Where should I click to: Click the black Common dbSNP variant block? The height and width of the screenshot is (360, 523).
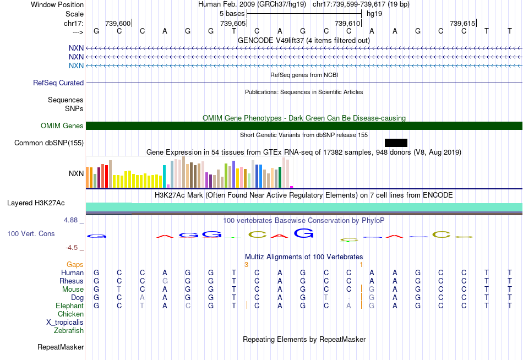click(x=396, y=143)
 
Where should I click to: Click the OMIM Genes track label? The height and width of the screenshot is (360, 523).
click(x=62, y=126)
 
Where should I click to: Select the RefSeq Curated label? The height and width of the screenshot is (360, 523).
click(x=58, y=83)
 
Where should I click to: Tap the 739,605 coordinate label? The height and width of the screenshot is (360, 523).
click(x=232, y=23)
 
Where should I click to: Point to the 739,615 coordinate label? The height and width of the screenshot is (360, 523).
click(x=462, y=23)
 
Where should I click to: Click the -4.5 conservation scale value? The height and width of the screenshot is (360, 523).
click(x=73, y=248)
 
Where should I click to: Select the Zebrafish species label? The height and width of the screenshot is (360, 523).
click(x=69, y=331)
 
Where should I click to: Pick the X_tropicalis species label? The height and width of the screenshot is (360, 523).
click(x=65, y=323)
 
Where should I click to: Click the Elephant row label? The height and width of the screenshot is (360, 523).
click(x=69, y=306)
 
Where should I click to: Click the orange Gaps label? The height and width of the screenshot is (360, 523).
click(x=75, y=265)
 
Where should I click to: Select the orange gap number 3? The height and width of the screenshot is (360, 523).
click(x=246, y=265)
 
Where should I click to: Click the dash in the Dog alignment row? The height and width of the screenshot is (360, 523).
click(x=349, y=298)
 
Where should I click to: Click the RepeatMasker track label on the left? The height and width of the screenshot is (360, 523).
click(x=61, y=347)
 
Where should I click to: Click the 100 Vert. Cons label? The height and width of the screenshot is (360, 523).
click(x=31, y=234)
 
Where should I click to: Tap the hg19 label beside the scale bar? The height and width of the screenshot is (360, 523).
click(x=374, y=13)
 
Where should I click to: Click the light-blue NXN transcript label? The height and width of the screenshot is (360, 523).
click(x=76, y=66)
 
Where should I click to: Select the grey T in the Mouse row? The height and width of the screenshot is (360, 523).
click(x=119, y=290)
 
